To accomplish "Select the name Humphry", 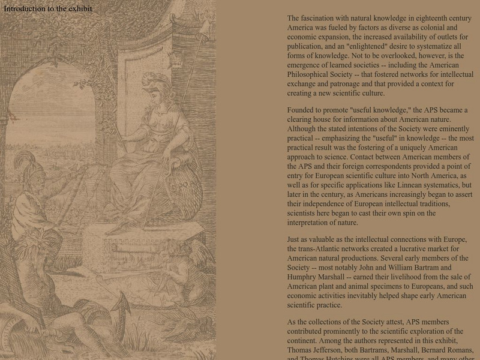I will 304,277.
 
